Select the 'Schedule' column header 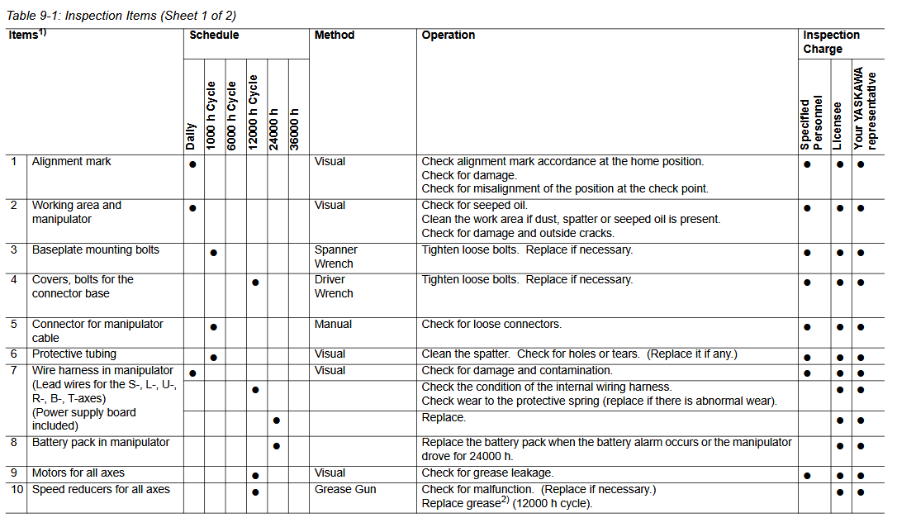tap(214, 36)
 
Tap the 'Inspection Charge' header tap(831, 42)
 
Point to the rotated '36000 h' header tap(296, 128)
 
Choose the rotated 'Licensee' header tap(838, 126)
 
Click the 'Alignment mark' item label tap(71, 162)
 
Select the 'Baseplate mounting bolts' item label tap(96, 250)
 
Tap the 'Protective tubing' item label tap(74, 354)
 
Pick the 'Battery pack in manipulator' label tap(101, 443)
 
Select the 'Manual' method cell tap(333, 325)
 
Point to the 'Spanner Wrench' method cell tap(336, 257)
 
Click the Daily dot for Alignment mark tap(192, 164)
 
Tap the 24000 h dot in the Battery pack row tap(276, 446)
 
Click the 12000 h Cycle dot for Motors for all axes tap(255, 476)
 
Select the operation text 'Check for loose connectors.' tap(491, 325)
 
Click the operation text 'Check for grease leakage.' tap(487, 473)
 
